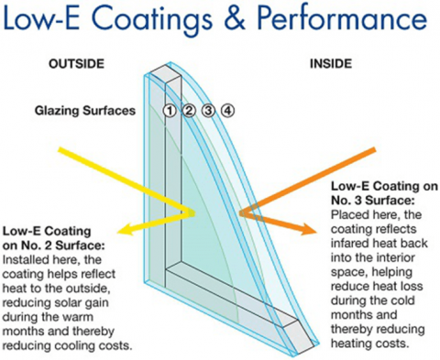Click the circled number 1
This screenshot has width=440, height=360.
(170, 111)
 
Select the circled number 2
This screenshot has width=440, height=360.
(189, 111)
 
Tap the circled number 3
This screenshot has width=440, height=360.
(208, 111)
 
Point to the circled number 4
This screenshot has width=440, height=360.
(227, 111)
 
